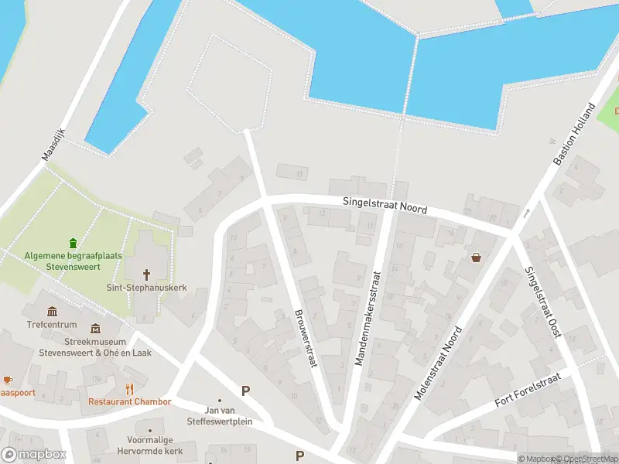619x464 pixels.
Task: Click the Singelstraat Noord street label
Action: [385, 206]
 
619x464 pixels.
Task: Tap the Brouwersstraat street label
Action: [305, 338]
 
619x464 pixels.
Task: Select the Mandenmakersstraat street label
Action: [368, 319]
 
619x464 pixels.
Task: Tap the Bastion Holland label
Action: [573, 133]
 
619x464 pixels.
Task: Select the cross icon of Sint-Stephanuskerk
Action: [147, 275]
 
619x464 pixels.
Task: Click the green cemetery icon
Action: [74, 243]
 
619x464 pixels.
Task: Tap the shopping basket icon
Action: [475, 258]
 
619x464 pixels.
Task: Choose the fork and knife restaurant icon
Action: [130, 389]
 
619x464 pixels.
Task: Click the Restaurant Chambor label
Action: [129, 402]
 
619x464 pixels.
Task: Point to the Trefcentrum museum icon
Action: [53, 312]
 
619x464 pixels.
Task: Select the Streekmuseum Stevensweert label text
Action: [95, 347]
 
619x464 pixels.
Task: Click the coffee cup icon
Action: [8, 380]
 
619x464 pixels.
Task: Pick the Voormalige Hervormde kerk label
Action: [149, 445]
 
